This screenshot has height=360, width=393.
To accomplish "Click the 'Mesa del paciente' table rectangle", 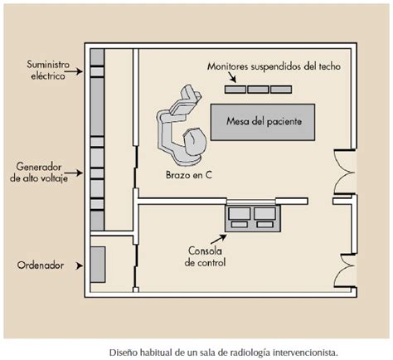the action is click(263, 122).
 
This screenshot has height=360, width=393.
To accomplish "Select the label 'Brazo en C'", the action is click(189, 175).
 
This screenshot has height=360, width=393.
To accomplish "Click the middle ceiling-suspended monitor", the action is click(258, 90).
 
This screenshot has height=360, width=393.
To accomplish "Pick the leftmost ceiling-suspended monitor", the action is click(235, 90).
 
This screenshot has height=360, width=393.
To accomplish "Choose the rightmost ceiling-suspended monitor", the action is click(281, 90).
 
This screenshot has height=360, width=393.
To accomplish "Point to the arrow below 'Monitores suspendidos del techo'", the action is click(232, 77).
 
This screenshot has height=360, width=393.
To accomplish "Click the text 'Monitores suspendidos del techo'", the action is click(274, 66).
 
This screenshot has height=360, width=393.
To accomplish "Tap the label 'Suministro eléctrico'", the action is click(48, 71).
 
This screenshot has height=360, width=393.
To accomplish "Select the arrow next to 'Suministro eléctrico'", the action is click(74, 71).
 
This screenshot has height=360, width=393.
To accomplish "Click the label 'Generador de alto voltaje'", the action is click(39, 173).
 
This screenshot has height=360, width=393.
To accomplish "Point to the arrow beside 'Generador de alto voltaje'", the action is click(74, 173).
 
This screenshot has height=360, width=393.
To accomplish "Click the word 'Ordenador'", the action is click(41, 265).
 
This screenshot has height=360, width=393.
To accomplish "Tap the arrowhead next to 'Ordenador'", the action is click(80, 266).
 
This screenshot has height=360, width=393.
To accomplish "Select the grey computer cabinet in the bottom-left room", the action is click(98, 265).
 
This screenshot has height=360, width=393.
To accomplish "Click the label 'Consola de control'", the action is click(205, 256).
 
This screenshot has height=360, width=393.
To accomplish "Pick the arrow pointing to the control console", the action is click(218, 239).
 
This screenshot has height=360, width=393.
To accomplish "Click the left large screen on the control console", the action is click(240, 213).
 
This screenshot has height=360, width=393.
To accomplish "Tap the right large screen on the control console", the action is click(265, 213).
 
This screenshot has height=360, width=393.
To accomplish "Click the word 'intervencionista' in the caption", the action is click(306, 353).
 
